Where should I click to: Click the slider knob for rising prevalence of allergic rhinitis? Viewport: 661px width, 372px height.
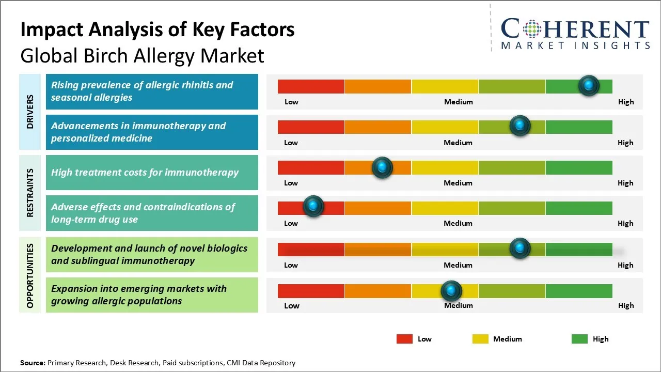click(589, 85)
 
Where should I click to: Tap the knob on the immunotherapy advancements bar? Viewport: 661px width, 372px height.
click(520, 126)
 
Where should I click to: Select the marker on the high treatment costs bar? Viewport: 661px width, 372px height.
click(382, 167)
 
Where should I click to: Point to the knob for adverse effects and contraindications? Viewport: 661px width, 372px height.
click(313, 206)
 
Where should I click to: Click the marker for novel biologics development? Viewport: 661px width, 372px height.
click(520, 248)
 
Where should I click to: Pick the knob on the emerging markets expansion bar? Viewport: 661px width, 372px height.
click(451, 291)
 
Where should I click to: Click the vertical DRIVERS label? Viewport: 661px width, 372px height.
click(30, 112)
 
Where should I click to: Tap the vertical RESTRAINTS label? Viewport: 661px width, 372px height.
click(30, 193)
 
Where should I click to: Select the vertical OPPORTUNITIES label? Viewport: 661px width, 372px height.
click(30, 275)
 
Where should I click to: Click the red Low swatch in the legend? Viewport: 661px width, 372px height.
click(404, 339)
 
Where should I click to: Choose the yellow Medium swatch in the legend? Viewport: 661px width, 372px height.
click(480, 339)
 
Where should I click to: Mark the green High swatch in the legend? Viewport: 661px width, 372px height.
click(579, 339)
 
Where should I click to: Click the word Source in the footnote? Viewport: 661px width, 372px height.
click(33, 363)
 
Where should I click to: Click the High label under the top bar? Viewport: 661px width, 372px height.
click(626, 102)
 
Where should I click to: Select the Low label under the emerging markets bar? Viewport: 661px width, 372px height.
click(292, 305)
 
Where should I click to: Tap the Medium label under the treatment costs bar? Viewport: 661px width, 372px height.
click(458, 183)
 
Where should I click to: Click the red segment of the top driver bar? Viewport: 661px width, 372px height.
click(311, 86)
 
